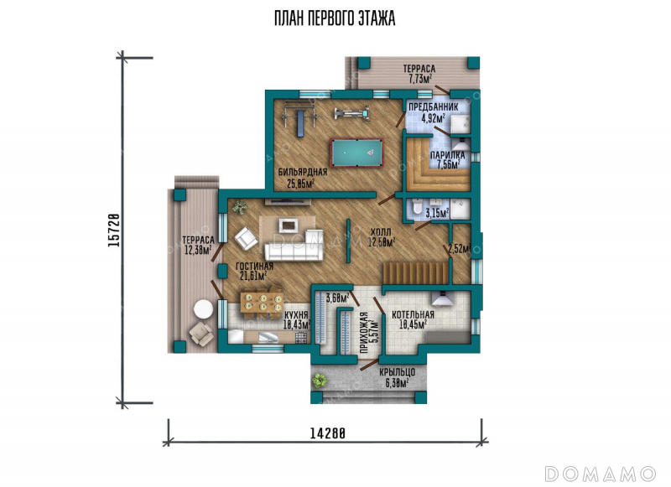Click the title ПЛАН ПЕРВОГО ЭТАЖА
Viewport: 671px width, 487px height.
(334, 18)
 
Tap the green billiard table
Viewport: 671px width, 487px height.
(357, 153)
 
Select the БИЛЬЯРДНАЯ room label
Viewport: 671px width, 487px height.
(303, 173)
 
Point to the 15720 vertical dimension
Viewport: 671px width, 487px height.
(113, 230)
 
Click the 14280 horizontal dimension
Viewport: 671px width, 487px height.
(327, 433)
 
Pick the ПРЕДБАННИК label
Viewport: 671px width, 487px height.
(433, 107)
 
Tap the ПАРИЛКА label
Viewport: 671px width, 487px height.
(448, 155)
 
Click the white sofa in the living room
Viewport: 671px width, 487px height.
(294, 246)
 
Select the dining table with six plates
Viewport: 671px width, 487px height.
(262, 303)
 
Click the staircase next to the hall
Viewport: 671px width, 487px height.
(415, 272)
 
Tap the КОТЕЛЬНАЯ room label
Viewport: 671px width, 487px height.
(413, 315)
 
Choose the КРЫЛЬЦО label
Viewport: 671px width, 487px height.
(397, 372)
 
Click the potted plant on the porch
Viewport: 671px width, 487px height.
(320, 380)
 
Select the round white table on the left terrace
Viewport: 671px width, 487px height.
(202, 309)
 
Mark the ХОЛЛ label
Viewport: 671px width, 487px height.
(381, 232)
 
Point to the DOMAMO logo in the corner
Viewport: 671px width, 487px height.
(600, 474)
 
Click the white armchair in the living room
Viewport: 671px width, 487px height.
(246, 238)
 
